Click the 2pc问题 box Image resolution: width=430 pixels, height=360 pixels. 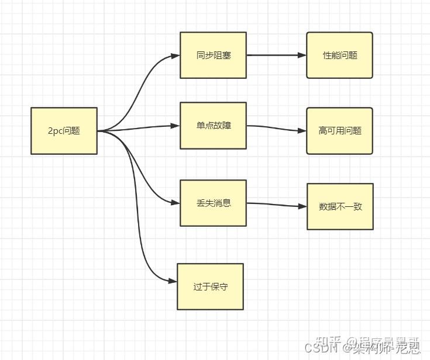(64, 131)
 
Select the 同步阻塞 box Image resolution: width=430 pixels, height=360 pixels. (213, 56)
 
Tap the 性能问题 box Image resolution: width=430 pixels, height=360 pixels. (339, 56)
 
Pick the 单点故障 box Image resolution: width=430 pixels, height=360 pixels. (213, 126)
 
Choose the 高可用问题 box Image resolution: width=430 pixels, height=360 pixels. (339, 131)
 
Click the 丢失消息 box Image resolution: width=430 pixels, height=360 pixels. (213, 203)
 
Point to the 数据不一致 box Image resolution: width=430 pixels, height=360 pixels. (340, 206)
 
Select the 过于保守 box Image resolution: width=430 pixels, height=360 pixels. (210, 287)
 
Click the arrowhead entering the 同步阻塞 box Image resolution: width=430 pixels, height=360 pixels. (176, 56)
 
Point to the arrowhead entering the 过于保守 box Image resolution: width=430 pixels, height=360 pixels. (173, 281)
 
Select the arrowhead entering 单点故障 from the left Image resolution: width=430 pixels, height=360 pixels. (176, 126)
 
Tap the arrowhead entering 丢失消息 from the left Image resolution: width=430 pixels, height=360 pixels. (176, 203)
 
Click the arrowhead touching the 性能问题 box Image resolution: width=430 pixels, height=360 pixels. (302, 56)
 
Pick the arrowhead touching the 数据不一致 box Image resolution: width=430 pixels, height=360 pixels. (302, 207)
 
